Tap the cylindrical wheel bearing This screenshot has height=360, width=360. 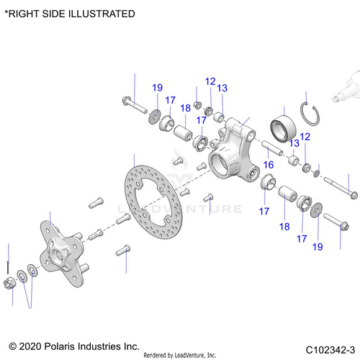(283, 128)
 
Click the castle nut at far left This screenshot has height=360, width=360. (10, 282)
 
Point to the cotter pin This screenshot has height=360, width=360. (8, 267)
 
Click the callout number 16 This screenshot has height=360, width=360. (269, 165)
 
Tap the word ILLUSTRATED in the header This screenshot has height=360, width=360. (102, 14)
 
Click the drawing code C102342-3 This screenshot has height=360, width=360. (330, 350)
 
